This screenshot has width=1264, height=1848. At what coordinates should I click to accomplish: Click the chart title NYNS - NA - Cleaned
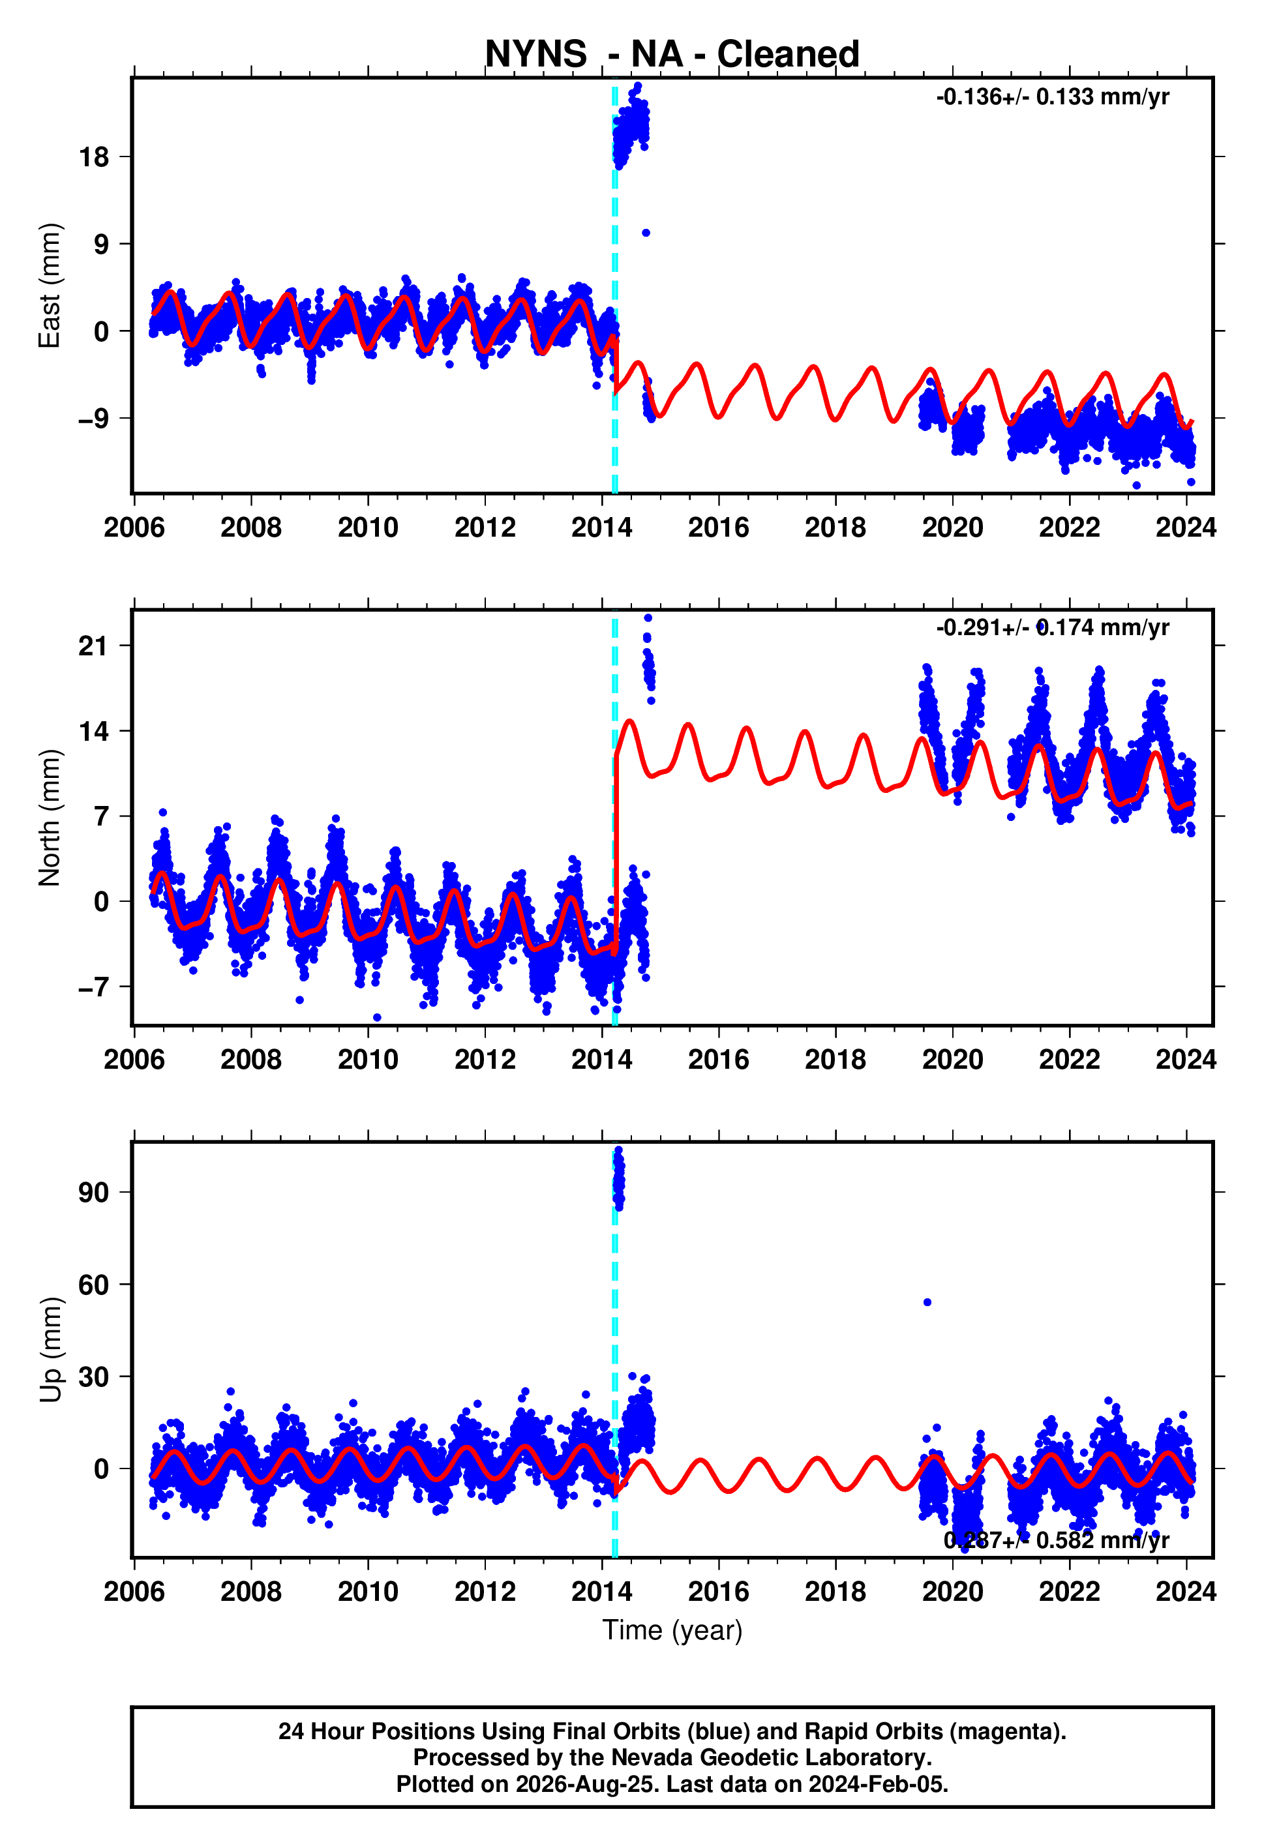(x=672, y=54)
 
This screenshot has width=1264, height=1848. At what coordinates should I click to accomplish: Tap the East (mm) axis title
(x=50, y=286)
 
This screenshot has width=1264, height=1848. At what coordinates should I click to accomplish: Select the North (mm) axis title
(x=50, y=818)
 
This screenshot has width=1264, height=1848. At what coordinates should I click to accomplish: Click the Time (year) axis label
(x=672, y=1630)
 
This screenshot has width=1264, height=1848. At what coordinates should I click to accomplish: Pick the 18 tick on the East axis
(x=94, y=156)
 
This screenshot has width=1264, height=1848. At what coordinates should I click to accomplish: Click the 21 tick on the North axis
(x=93, y=646)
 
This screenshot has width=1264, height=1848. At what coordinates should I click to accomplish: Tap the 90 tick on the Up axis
(x=93, y=1193)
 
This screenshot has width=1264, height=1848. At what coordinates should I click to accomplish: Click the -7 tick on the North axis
(x=93, y=987)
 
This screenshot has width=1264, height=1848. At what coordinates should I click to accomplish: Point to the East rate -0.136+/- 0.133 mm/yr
(x=1053, y=97)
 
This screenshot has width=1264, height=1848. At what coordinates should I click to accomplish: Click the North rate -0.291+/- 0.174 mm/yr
(x=1053, y=628)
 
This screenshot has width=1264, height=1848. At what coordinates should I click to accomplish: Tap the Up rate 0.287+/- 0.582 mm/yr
(x=1057, y=1540)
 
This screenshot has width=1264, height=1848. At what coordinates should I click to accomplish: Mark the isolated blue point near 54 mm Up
(x=927, y=1302)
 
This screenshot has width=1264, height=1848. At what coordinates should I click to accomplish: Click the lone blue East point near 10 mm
(x=646, y=233)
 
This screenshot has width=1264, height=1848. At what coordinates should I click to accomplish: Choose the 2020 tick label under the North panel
(x=952, y=1060)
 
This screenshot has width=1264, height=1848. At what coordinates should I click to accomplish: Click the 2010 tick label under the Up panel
(x=367, y=1592)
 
